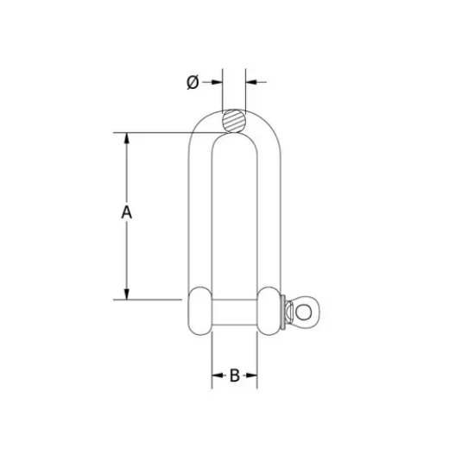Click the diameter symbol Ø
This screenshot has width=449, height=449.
click(193, 82)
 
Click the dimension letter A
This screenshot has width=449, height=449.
click(126, 212)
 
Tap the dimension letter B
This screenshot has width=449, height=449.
click(234, 376)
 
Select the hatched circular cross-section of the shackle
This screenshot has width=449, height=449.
click(234, 120)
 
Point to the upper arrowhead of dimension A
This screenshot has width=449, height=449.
click(127, 137)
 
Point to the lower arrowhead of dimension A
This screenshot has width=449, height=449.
click(127, 294)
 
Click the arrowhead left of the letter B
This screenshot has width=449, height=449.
click(217, 376)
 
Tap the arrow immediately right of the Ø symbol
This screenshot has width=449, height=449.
click(216, 82)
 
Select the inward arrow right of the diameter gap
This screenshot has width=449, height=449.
click(252, 82)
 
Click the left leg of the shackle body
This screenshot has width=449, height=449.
click(199, 216)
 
